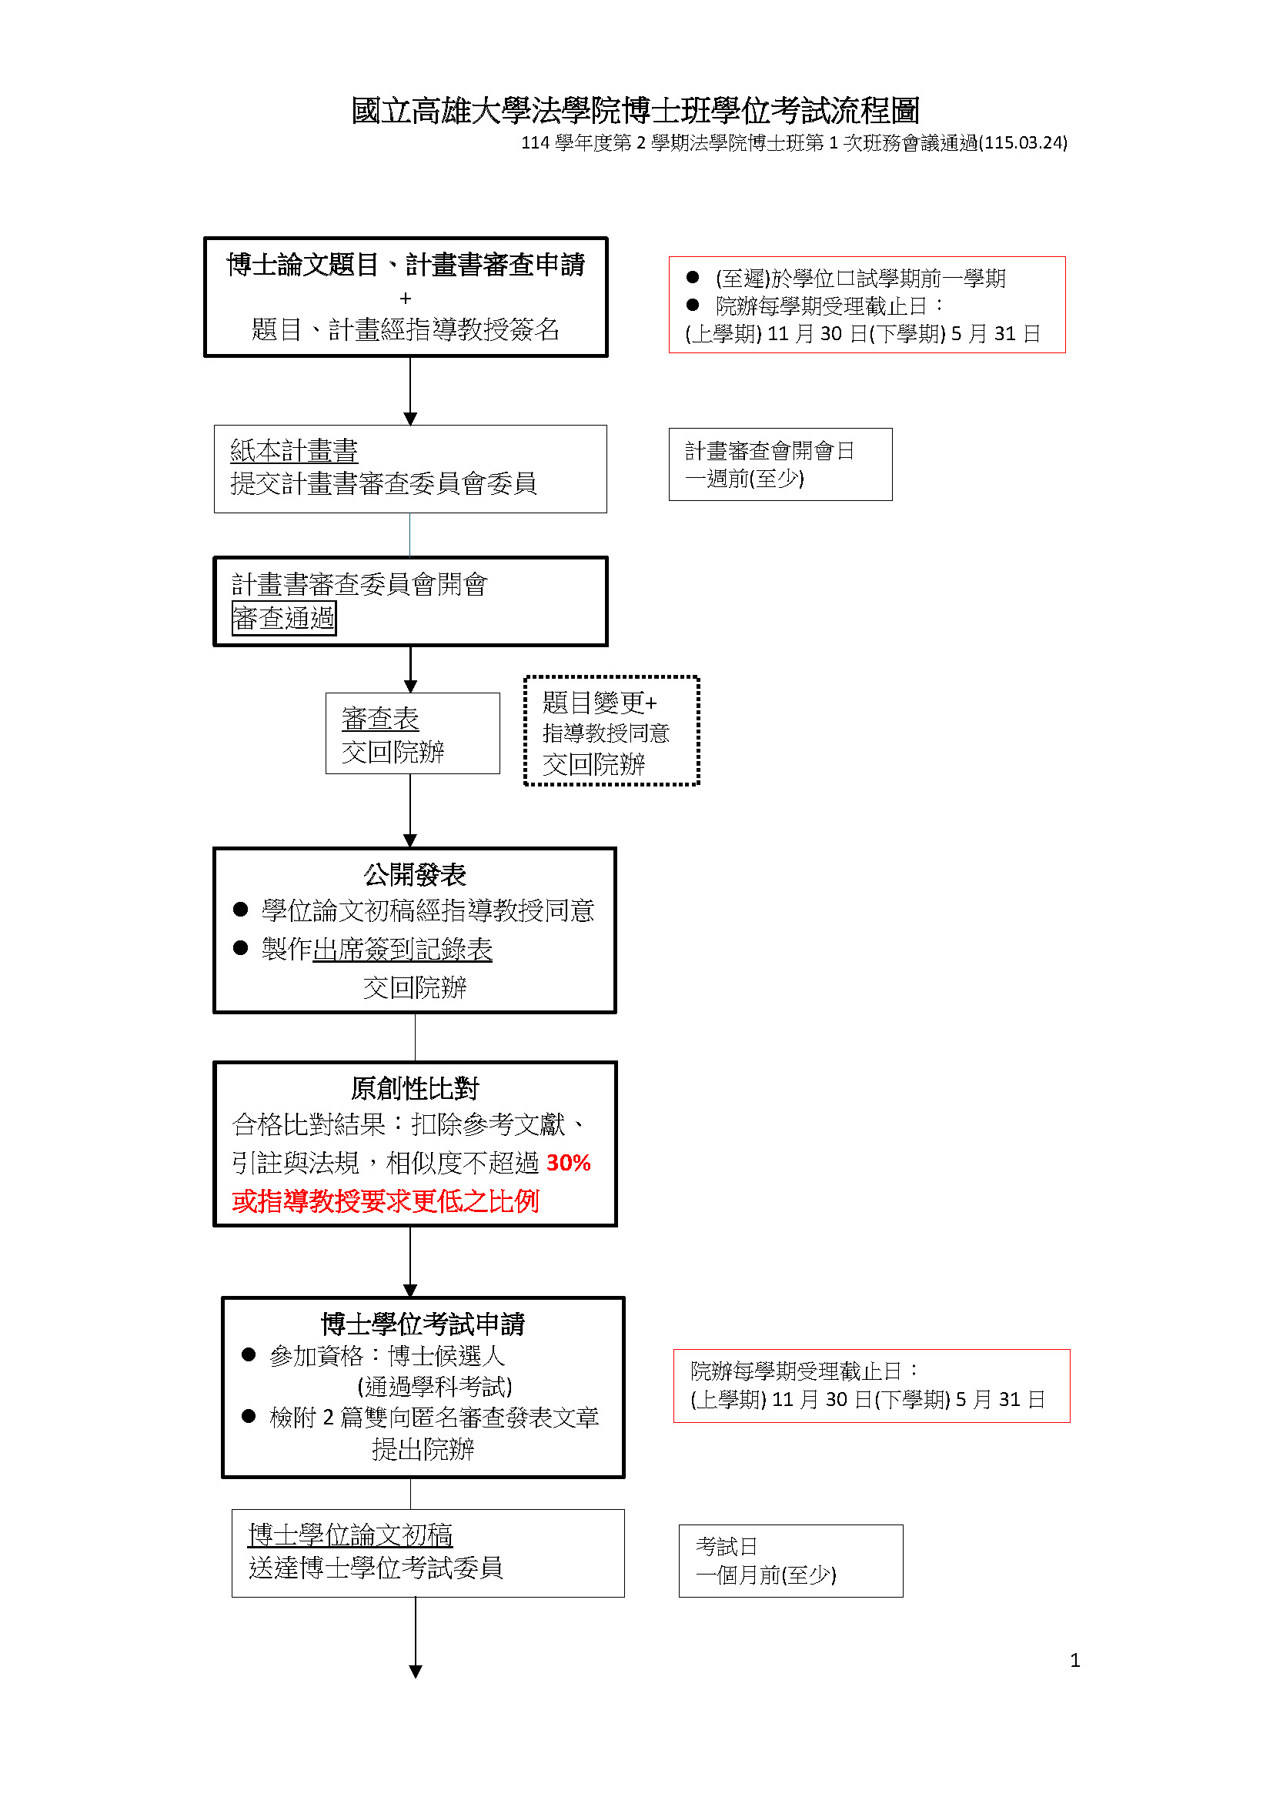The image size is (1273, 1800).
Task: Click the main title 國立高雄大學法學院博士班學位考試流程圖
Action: pyautogui.click(x=635, y=111)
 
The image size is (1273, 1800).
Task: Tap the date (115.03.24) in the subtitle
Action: pyautogui.click(x=1023, y=142)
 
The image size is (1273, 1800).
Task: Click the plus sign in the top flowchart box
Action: pyautogui.click(x=406, y=299)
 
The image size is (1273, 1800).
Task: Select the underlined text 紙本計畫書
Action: pyautogui.click(x=294, y=451)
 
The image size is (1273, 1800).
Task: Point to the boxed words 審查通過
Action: pyautogui.click(x=284, y=618)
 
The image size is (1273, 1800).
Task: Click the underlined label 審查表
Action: pyautogui.click(x=380, y=718)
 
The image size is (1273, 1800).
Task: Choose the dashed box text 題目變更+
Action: pyautogui.click(x=600, y=702)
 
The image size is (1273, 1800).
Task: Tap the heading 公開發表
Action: pyautogui.click(x=415, y=874)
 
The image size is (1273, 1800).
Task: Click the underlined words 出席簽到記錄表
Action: pyautogui.click(x=403, y=950)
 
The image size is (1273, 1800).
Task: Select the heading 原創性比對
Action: pyautogui.click(x=415, y=1088)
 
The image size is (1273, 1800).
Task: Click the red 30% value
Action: pyautogui.click(x=568, y=1163)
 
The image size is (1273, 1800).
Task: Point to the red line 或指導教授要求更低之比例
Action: pyautogui.click(x=386, y=1201)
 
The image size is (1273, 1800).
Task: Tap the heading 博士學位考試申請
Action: pyautogui.click(x=423, y=1324)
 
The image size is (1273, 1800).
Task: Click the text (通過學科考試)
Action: pyautogui.click(x=435, y=1386)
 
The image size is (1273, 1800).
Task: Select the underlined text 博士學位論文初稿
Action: pyautogui.click(x=350, y=1535)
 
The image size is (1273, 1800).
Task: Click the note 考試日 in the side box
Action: pyautogui.click(x=727, y=1547)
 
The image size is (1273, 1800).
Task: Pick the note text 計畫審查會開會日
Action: pyautogui.click(x=770, y=451)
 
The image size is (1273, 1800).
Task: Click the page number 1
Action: pyautogui.click(x=1074, y=1661)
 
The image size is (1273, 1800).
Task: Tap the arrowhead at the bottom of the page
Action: pyautogui.click(x=416, y=1671)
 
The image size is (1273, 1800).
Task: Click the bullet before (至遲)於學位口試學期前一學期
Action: pyautogui.click(x=692, y=278)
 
